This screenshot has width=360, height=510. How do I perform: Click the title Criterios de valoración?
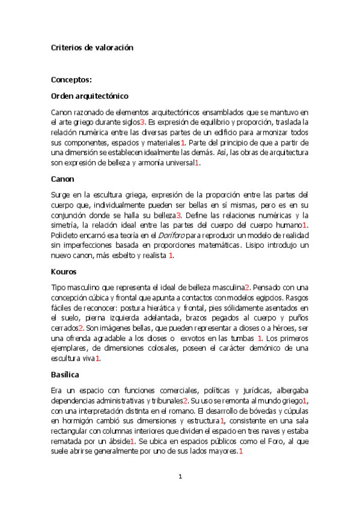[x=92, y=47]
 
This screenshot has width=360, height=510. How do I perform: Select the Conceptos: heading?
[x=71, y=79]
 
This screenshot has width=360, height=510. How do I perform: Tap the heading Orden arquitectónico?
[x=90, y=96]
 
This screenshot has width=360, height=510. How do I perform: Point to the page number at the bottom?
[x=180, y=477]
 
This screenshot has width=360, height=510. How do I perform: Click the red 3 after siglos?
[x=143, y=123]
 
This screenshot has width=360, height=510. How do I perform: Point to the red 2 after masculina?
[x=247, y=287]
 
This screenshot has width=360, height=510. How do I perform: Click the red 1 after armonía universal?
[x=198, y=163]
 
